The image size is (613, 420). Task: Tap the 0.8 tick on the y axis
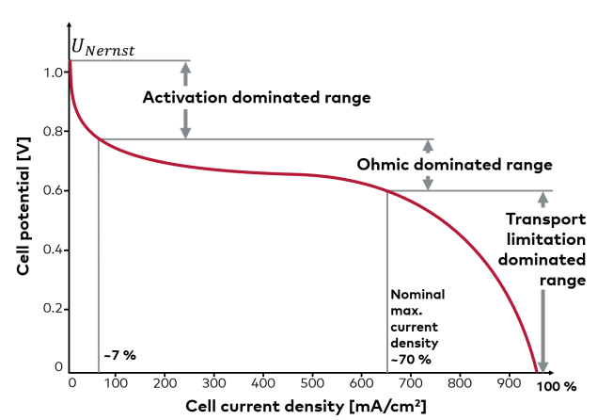point(53,131)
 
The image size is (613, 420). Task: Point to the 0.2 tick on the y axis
point(53,308)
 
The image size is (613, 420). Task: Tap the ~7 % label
point(119,355)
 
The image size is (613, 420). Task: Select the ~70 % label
point(411,359)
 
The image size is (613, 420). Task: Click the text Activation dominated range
point(257,96)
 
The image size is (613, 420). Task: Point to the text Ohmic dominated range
point(454,164)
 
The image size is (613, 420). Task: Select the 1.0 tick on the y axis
point(53,73)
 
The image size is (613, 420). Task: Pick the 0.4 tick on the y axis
point(53,249)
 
